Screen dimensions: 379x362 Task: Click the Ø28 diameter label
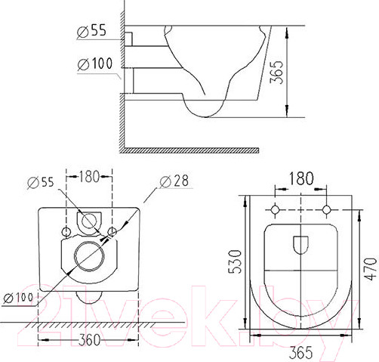tap(174, 181)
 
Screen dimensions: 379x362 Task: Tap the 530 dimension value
tap(235, 261)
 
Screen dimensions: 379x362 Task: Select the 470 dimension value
tap(371, 269)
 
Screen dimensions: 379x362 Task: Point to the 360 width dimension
tap(89, 340)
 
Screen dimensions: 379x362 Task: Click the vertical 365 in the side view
tap(276, 72)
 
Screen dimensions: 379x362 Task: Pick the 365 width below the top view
tap(301, 352)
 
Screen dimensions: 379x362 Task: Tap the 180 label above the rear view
tap(89, 176)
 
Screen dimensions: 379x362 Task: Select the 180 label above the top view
tap(301, 178)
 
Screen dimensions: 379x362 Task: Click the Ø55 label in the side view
tap(91, 31)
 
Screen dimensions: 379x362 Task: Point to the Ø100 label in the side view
tap(95, 63)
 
